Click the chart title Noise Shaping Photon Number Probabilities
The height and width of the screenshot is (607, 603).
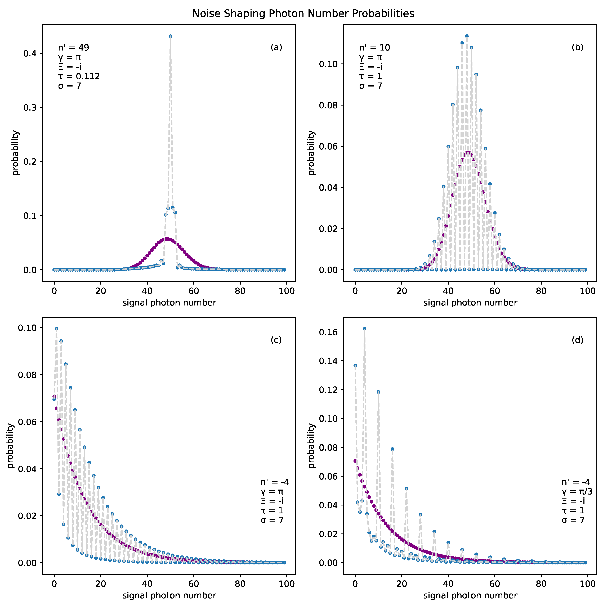pos(303,13)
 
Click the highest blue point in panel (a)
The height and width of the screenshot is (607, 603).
pos(170,36)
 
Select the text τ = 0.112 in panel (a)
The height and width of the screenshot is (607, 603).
pos(79,76)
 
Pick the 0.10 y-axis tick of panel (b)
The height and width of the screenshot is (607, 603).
pos(328,64)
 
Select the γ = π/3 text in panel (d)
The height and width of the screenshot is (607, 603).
pos(577,491)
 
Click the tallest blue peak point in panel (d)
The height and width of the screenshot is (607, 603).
pos(364,329)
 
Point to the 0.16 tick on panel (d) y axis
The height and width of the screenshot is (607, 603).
pos(328,332)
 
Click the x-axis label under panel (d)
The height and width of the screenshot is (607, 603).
pos(470,595)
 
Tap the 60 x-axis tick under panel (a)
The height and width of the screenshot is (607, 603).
pos(194,291)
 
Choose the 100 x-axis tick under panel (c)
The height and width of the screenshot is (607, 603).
pos(287,584)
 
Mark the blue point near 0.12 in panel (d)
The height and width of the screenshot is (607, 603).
pos(378,392)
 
